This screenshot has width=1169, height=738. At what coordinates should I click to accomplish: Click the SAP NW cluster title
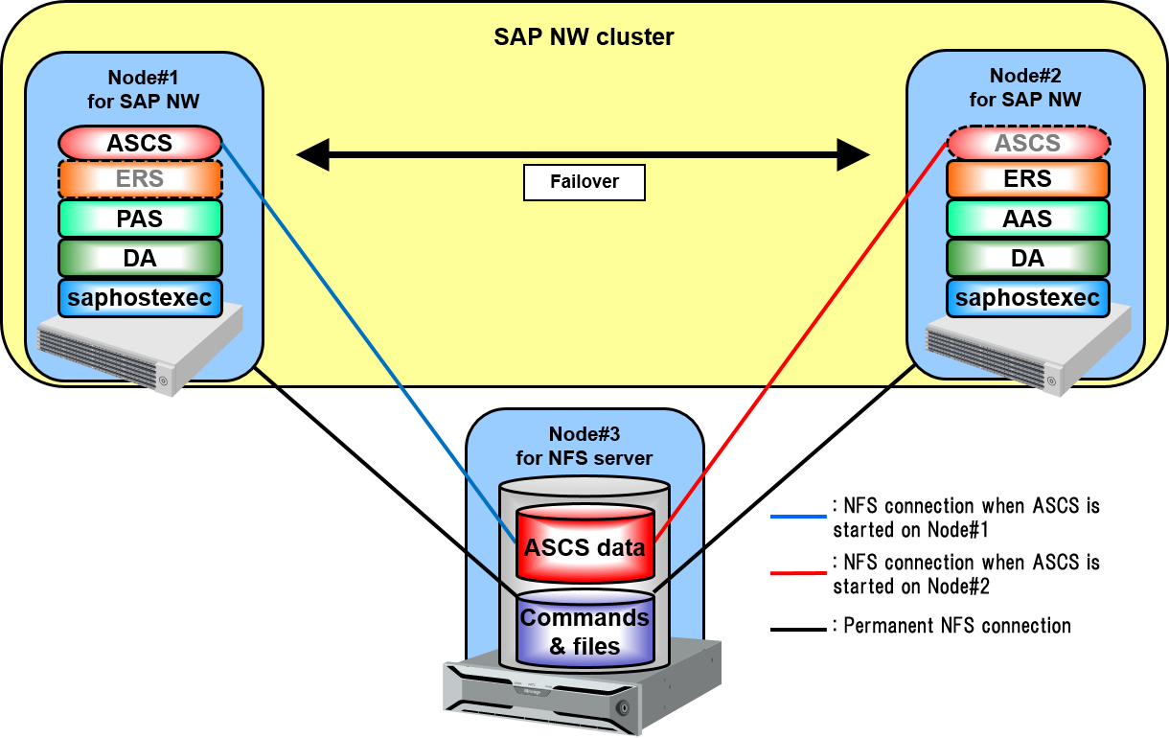(584, 37)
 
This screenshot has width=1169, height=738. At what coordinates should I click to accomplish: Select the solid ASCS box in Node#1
(140, 144)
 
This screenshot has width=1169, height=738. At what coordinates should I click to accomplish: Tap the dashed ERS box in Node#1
(140, 179)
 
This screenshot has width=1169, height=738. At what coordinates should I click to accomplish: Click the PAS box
(140, 219)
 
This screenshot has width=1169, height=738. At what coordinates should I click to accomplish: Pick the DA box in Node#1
(140, 258)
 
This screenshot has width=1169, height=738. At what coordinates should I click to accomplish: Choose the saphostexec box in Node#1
(140, 298)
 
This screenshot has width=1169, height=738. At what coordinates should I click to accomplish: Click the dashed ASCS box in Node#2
(1028, 144)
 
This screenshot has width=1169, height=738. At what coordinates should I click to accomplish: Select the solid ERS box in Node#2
(1028, 179)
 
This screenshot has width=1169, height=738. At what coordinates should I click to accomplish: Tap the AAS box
(1028, 219)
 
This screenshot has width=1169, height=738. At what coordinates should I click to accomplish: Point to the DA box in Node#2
(1028, 258)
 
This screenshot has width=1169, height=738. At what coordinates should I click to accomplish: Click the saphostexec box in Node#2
(1028, 298)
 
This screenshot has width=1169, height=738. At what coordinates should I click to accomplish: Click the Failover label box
(584, 182)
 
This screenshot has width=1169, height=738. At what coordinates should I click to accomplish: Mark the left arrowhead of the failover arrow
(312, 153)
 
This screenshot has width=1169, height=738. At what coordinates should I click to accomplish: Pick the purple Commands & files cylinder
(584, 631)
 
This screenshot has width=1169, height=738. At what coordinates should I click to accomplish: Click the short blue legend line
(798, 517)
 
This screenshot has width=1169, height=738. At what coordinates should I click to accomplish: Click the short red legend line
(798, 573)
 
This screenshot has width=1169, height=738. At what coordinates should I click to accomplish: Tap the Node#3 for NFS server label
(584, 446)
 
